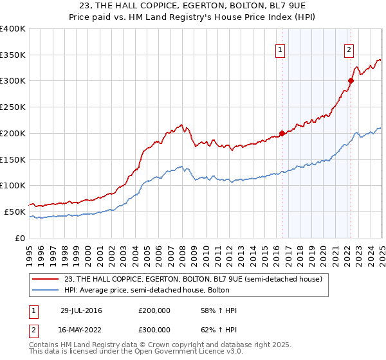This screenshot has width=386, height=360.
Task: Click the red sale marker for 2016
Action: click(282, 134)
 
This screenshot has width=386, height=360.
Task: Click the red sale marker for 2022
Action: click(351, 81)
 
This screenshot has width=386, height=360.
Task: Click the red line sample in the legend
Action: click(46, 279)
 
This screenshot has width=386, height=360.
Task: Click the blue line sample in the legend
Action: click(46, 291)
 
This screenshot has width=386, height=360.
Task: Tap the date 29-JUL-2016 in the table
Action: click(81, 310)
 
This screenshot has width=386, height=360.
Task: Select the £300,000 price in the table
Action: click(154, 330)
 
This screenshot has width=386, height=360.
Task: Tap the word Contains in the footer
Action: click(44, 345)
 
